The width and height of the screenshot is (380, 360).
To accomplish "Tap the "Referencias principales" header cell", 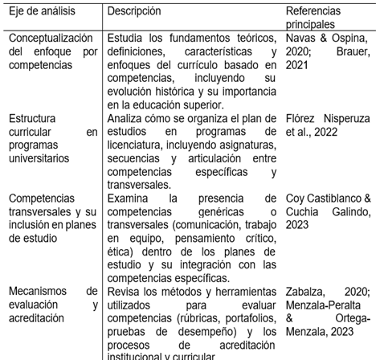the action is [313, 17].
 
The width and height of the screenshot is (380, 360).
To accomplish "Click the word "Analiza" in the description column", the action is [125, 120].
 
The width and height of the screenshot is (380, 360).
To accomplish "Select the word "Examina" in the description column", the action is [129, 197].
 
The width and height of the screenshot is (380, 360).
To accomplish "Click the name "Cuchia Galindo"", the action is [321, 210].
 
